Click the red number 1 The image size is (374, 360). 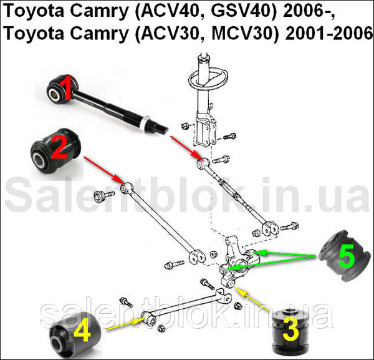pos(65,87)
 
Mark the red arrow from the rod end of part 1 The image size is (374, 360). pos(186,147)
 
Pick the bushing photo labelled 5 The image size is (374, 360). pos(340,256)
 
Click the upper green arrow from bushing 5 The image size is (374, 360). pos(285,253)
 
